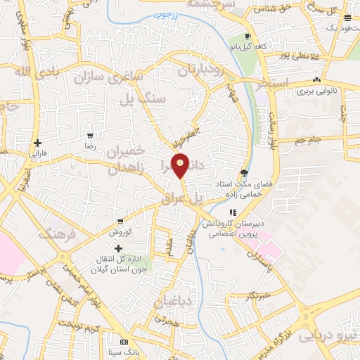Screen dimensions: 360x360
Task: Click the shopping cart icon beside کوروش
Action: click(x=121, y=221)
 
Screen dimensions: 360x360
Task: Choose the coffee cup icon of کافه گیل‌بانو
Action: click(x=247, y=36)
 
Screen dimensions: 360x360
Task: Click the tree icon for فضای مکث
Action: click(x=244, y=172)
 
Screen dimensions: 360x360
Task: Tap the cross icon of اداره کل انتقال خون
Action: click(x=117, y=248)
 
